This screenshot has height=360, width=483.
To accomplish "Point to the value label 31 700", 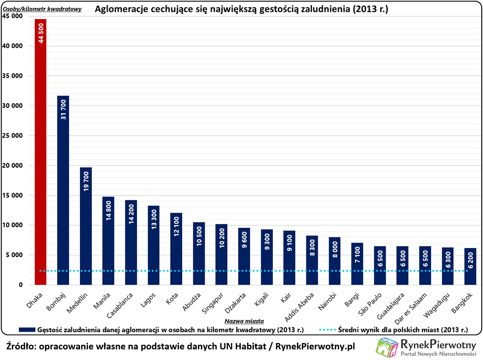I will pos(63,109).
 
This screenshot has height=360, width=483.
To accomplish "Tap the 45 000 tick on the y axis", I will pos(12,16).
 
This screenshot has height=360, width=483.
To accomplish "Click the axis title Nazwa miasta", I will pos(244,321).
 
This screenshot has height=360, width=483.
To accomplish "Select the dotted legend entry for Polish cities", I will pos(394,329).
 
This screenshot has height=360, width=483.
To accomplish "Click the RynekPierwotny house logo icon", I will pos(387,347).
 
